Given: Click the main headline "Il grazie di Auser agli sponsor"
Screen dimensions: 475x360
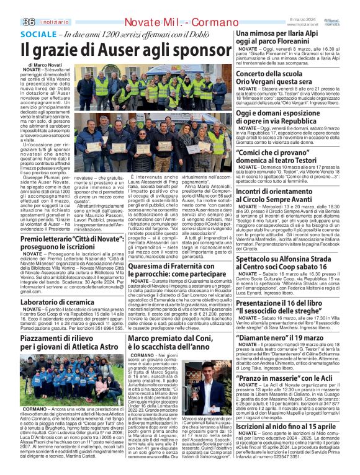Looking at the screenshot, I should click(117, 50).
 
